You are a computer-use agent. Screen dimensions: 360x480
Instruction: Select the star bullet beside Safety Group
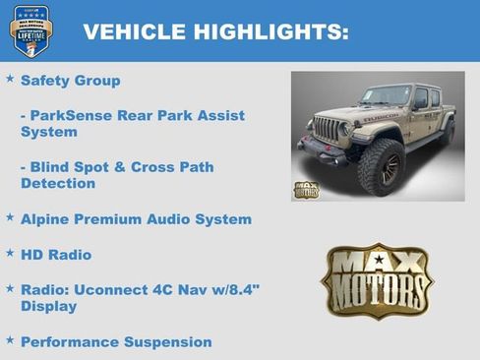[x=10, y=78]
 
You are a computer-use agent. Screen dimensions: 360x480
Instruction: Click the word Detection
[x=58, y=183]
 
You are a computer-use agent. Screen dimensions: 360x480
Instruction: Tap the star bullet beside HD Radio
[x=10, y=253]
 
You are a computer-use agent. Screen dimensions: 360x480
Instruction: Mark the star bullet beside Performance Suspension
[x=10, y=340]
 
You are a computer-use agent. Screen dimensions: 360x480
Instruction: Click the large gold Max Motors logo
[x=378, y=280]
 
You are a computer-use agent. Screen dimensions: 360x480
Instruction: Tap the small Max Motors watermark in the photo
[x=306, y=189]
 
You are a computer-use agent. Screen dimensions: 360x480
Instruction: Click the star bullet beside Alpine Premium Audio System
[x=10, y=217]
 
